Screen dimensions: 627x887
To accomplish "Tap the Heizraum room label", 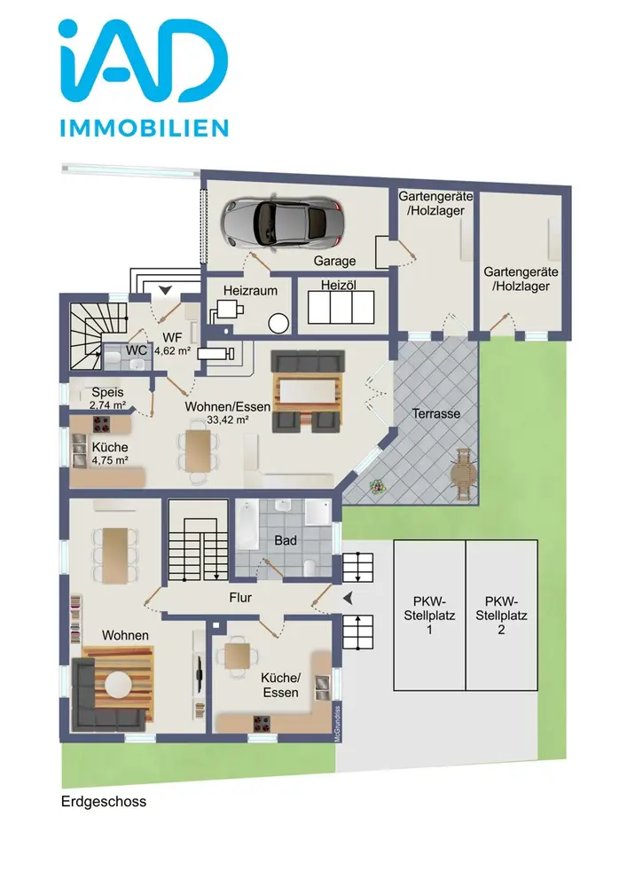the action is click(250, 291).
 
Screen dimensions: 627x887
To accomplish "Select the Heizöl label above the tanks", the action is click(339, 285).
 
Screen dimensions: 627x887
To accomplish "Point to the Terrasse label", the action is click(436, 413).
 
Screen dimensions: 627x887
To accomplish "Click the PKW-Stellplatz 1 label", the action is click(429, 616).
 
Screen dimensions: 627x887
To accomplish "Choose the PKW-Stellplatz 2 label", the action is click(501, 616).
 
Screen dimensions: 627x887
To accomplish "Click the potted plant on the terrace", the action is click(375, 486).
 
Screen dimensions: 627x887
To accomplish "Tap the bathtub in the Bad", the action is click(247, 524).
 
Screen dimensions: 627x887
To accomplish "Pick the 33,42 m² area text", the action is click(228, 420).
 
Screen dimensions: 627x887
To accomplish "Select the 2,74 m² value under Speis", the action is click(107, 405).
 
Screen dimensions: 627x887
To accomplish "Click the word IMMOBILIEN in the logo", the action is click(145, 128).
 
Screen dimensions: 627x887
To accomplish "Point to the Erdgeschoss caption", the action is click(104, 802).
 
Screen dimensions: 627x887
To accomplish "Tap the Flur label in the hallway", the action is click(240, 597).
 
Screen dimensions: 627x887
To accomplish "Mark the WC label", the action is click(137, 350).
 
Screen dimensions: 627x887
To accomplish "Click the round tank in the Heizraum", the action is click(278, 324).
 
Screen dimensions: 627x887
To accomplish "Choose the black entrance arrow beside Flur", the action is click(348, 597).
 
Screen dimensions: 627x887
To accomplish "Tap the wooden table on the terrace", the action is click(466, 474).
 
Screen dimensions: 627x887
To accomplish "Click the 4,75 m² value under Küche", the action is click(110, 460).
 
